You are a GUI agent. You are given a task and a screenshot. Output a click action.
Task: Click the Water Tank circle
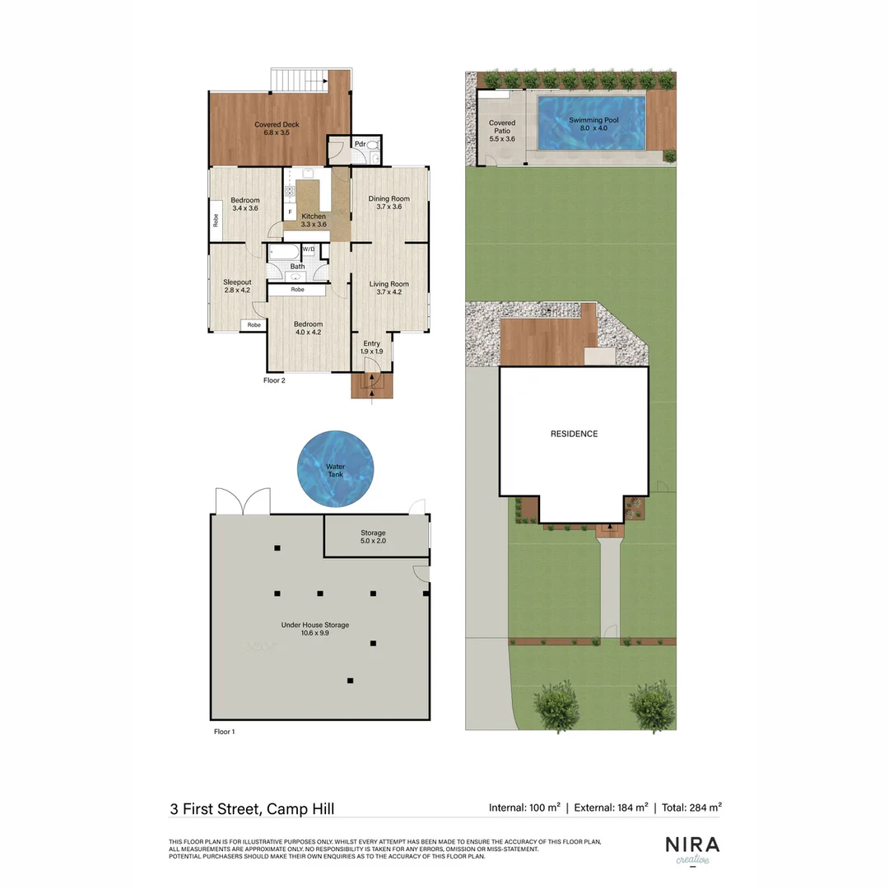click(x=335, y=468)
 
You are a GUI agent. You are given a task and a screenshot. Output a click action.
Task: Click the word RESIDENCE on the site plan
click(x=574, y=434)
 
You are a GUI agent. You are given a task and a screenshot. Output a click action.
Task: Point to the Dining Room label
click(x=389, y=202)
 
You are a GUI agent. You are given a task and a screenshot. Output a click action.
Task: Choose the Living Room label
click(x=389, y=289)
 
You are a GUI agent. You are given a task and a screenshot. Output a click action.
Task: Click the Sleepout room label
click(x=236, y=285)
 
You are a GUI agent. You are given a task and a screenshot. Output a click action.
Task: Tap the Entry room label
click(x=371, y=347)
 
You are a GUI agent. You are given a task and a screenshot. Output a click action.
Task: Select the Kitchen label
click(x=314, y=220)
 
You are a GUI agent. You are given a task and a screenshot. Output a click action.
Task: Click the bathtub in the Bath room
click(x=285, y=253)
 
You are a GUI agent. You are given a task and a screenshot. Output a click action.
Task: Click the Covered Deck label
click(x=276, y=128)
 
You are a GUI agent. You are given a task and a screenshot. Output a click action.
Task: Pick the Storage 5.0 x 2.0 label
click(x=373, y=537)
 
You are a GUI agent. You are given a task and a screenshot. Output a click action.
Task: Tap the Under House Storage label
click(x=314, y=629)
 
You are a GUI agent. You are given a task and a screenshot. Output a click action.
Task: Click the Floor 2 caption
click(x=274, y=380)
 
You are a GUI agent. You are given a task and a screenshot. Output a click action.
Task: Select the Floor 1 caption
click(x=224, y=731)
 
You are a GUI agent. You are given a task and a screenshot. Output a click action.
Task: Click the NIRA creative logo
click(x=691, y=849)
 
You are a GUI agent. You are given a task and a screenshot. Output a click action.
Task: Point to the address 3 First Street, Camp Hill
click(x=251, y=809)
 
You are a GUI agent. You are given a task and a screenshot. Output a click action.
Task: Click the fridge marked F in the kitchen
click(x=290, y=212)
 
